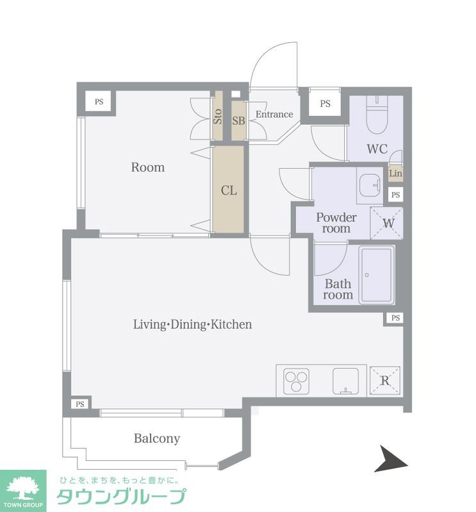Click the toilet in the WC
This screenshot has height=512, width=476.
coord(377,115)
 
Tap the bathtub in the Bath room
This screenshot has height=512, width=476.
coord(377,275)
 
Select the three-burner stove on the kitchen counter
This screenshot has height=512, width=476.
coord(297,380)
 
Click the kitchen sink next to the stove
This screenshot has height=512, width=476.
coord(345,381)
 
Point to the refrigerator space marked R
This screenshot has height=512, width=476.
coord(385,380)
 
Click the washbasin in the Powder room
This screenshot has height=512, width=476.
coord(370,185)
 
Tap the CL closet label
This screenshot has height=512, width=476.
coord(229,190)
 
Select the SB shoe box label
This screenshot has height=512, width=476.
coord(238,121)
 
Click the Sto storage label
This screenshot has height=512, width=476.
coord(217,116)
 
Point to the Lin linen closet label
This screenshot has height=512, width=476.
coord(395,173)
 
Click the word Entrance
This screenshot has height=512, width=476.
coord(274,115)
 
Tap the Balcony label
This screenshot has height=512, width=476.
coord(157,438)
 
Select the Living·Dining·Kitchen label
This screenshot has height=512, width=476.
coord(193,324)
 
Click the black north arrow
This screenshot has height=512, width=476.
coord(391,458)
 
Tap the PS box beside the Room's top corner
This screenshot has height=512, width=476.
coord(99,102)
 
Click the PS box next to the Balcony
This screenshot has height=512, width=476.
coord(80,404)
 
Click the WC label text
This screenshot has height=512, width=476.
coord(377,149)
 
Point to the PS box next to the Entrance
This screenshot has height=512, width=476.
coord(325,104)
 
